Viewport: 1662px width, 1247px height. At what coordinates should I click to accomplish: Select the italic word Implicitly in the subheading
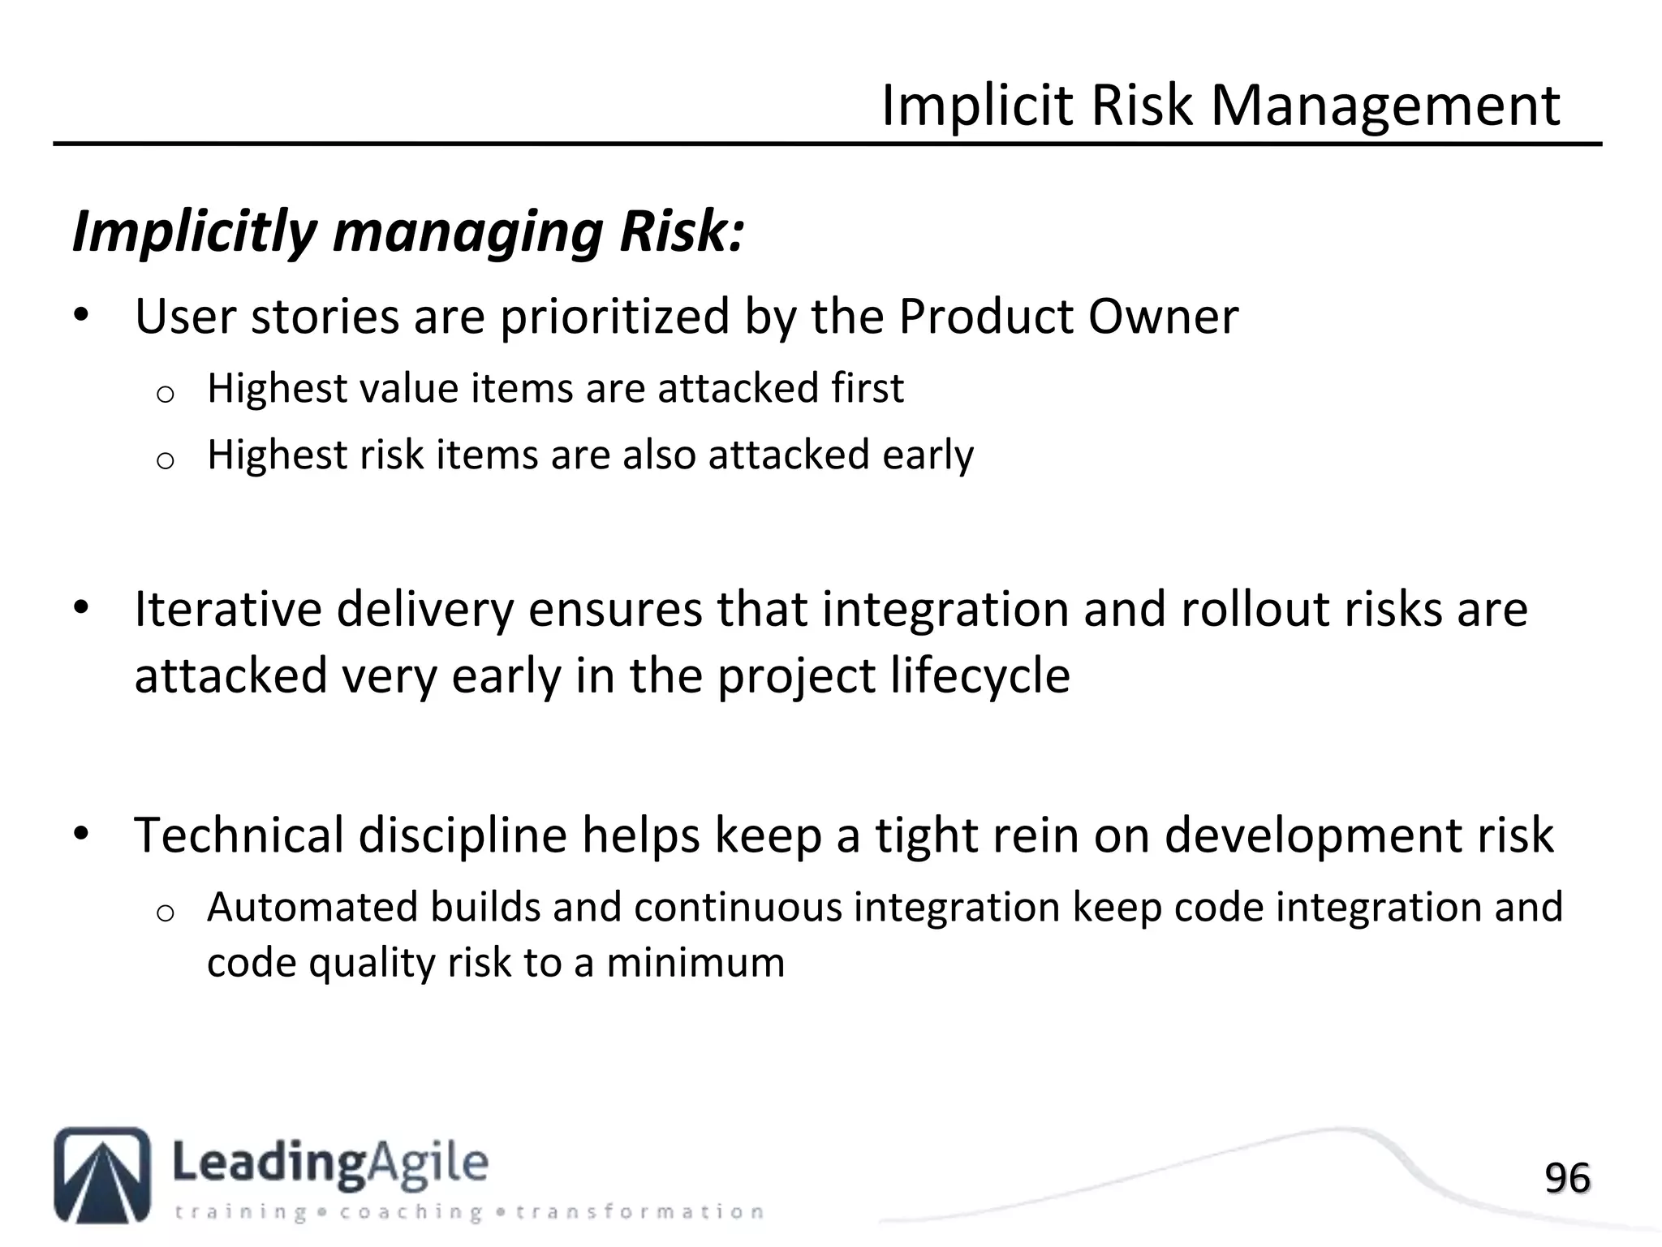pos(195,232)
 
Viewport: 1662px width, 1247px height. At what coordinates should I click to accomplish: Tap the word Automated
pos(312,907)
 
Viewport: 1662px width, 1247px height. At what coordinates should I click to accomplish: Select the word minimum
pos(695,963)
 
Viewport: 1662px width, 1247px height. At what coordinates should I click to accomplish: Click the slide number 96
pos(1566,1178)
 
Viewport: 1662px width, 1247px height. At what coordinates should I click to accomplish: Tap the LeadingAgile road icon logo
pos(102,1175)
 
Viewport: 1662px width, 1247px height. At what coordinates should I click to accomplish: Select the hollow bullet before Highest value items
pos(165,394)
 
